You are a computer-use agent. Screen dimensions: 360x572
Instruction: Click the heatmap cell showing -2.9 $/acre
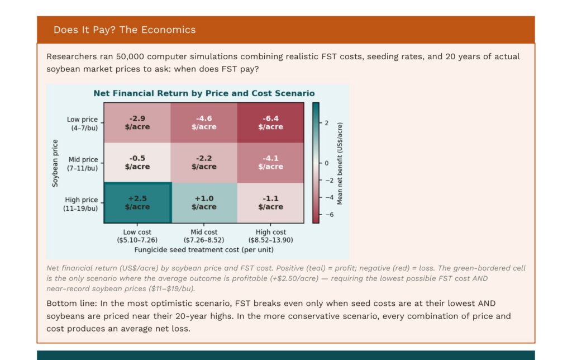click(137, 123)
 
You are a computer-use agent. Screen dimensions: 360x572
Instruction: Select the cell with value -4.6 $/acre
click(204, 123)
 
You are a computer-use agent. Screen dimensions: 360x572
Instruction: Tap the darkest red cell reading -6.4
click(270, 123)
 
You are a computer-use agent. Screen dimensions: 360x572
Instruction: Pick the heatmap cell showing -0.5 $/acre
click(137, 163)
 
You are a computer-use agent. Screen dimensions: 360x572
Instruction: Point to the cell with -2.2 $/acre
click(204, 163)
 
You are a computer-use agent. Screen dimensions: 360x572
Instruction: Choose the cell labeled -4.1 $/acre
click(270, 163)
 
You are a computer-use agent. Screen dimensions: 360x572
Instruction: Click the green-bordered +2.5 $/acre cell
click(137, 202)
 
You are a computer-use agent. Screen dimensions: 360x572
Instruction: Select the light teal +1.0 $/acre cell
click(204, 202)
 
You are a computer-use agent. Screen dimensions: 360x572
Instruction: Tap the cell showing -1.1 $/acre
click(270, 202)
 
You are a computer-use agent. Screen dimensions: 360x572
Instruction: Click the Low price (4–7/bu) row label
click(83, 124)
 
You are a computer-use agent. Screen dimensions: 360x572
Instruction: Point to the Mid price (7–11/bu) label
click(83, 164)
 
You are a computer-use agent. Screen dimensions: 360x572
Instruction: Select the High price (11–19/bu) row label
click(82, 204)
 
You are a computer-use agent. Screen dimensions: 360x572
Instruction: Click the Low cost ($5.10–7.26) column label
click(137, 236)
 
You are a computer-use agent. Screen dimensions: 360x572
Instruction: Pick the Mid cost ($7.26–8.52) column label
click(204, 236)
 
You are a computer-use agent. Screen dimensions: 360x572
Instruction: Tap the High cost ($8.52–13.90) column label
click(271, 236)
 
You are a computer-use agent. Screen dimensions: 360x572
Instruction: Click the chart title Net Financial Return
click(204, 93)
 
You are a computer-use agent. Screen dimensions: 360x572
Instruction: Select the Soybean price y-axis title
click(55, 163)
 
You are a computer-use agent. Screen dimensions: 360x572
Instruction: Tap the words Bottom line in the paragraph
click(68, 303)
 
